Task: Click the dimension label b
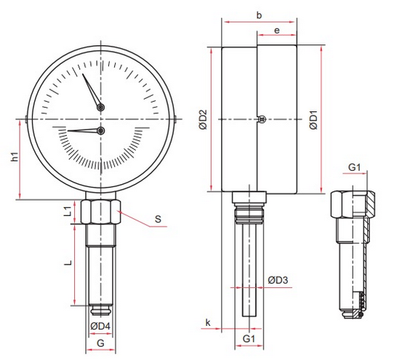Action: (259, 15)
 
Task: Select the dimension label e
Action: (276, 31)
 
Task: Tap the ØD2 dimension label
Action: (204, 119)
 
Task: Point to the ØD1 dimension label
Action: (314, 119)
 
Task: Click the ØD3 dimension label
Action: (278, 280)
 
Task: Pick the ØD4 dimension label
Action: (100, 326)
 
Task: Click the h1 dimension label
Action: (15, 156)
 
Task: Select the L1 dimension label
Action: (68, 211)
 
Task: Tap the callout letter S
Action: (158, 219)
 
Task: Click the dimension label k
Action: (208, 322)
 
